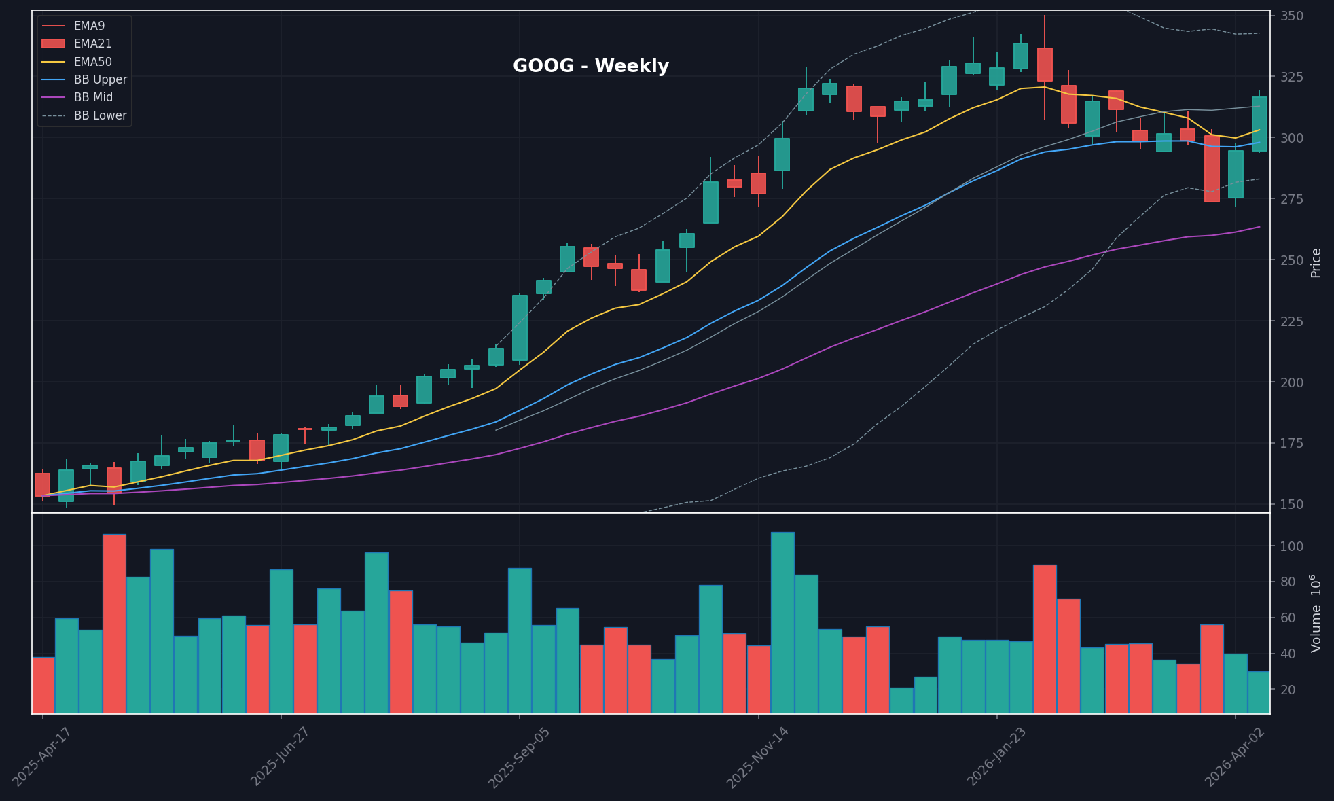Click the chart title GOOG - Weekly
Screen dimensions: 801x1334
click(x=590, y=66)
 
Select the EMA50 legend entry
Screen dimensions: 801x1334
click(x=92, y=62)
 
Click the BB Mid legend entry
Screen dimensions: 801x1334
click(x=93, y=97)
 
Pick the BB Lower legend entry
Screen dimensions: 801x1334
click(x=100, y=115)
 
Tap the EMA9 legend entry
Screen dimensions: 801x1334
click(x=89, y=26)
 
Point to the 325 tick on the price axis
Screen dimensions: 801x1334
click(x=1291, y=77)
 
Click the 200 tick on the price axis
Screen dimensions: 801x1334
click(x=1291, y=382)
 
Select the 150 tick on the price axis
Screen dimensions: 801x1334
click(x=1291, y=504)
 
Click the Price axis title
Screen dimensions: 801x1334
click(x=1316, y=263)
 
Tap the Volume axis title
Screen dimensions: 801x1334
click(x=1316, y=613)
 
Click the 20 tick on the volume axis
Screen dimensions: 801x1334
click(x=1288, y=690)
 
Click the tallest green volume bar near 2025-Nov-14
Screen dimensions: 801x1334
click(x=782, y=622)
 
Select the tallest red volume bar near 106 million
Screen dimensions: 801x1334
click(x=114, y=623)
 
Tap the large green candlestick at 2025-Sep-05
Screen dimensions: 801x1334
click(x=520, y=327)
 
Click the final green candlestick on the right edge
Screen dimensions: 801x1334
click(x=1259, y=124)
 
